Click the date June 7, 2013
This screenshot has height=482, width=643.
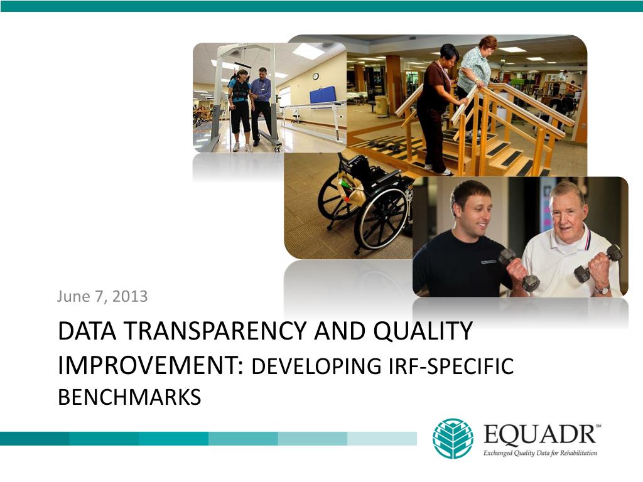[x=102, y=296]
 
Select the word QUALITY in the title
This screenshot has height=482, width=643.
[x=423, y=331]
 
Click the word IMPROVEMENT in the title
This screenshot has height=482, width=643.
[x=151, y=365]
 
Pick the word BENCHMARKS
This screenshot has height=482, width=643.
[x=129, y=397]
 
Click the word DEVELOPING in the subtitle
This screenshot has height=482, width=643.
[x=316, y=366]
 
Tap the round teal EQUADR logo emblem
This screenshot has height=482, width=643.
[x=453, y=438]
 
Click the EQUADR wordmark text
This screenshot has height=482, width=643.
[x=539, y=434]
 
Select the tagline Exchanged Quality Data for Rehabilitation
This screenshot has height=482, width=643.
[x=540, y=453]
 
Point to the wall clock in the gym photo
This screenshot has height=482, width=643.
[x=315, y=76]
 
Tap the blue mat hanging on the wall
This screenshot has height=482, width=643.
[x=323, y=95]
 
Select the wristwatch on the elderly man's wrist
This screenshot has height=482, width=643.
[x=602, y=290]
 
